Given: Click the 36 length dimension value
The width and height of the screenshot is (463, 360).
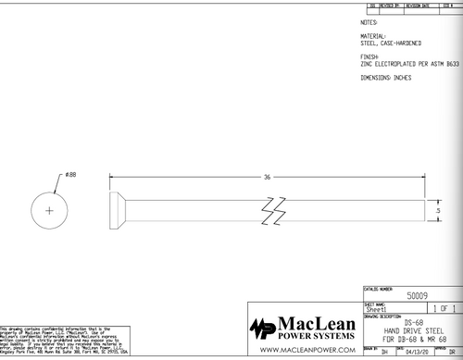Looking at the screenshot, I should (x=267, y=176).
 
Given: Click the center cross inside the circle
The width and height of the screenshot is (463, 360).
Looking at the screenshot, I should (x=50, y=212).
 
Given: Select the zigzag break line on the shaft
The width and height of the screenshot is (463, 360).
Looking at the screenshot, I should (x=273, y=212).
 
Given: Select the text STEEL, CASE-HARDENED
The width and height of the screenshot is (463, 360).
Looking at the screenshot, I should (x=391, y=43).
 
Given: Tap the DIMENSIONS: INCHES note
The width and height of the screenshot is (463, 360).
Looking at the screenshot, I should (x=386, y=77).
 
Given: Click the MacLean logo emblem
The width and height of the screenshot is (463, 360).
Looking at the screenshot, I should (x=262, y=329).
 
